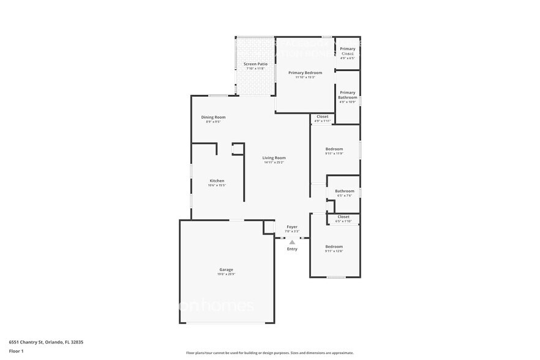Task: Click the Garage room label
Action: tap(226, 269)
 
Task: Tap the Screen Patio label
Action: tap(255, 64)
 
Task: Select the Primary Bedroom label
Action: tap(305, 72)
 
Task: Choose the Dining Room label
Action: tap(213, 117)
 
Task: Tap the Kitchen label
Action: tap(217, 181)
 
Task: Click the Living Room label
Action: tap(274, 157)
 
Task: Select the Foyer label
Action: tap(292, 227)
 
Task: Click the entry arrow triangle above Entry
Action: tap(292, 242)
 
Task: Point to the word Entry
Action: tap(292, 249)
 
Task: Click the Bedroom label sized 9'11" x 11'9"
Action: tap(334, 149)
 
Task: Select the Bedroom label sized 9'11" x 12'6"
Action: tap(334, 247)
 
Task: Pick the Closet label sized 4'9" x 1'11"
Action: tap(322, 116)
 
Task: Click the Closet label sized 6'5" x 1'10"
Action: tap(343, 217)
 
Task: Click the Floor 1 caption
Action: tap(16, 351)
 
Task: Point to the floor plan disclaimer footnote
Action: tap(269, 353)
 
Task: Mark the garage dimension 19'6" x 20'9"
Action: tap(226, 274)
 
